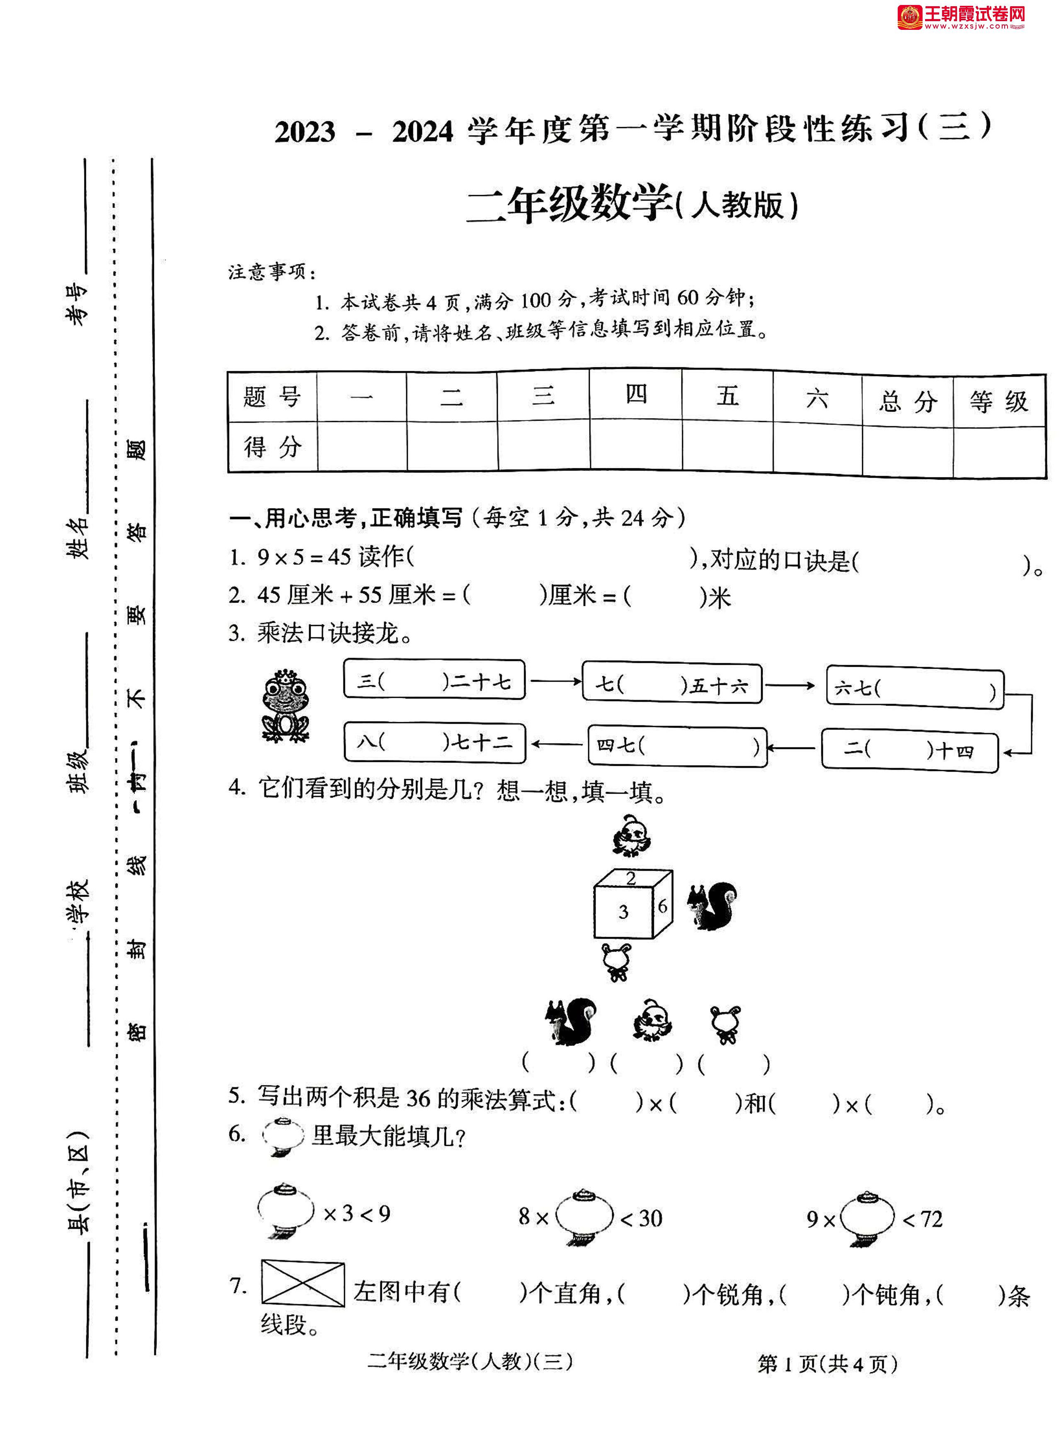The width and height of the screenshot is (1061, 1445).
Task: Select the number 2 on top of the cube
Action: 631,878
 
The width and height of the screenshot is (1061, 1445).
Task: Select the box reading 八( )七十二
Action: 435,743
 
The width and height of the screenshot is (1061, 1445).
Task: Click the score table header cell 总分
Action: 908,402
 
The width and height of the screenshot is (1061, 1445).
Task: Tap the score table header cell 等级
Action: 999,402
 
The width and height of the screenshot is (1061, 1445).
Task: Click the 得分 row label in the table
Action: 272,446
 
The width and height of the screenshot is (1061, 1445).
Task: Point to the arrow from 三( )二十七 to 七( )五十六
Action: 554,681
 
